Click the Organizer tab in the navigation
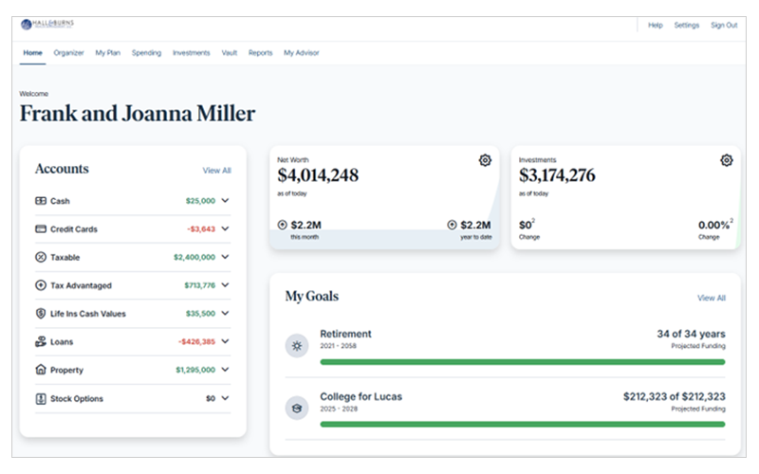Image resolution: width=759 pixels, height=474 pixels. coord(69,53)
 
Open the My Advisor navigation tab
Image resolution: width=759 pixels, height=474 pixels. coord(302,53)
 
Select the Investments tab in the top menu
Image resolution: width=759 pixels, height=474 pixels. coord(192,53)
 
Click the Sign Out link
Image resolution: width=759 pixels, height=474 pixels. coord(724,26)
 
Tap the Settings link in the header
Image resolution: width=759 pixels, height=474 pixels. coord(687,26)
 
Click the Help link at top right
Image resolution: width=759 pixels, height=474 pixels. coord(656,26)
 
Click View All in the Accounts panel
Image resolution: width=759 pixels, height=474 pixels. coord(216,171)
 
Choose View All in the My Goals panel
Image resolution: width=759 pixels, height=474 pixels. coord(712,298)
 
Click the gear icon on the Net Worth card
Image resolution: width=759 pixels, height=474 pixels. coord(485,160)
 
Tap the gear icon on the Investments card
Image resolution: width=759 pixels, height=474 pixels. coord(727,160)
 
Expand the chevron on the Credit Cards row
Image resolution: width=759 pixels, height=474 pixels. coord(226,229)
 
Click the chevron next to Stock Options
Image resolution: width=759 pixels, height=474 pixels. coord(226,399)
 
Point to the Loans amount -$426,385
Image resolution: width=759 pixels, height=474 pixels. coord(195,342)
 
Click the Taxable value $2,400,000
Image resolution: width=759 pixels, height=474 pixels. coord(194,257)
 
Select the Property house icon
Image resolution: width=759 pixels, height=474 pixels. coord(41,370)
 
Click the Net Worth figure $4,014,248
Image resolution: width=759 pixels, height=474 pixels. coord(318,175)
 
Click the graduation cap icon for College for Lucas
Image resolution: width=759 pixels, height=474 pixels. coord(297,407)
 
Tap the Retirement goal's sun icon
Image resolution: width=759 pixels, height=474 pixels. coord(297,345)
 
